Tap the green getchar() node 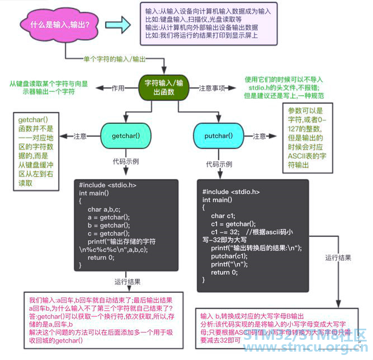[125, 135]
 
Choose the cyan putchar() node [219, 135]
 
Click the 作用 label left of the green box [117, 88]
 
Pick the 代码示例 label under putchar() [219, 164]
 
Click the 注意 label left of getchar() [79, 135]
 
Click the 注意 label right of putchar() [259, 135]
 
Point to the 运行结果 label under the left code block [128, 282]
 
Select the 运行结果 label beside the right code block [338, 258]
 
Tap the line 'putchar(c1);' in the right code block [226, 256]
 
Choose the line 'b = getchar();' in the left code [109, 225]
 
